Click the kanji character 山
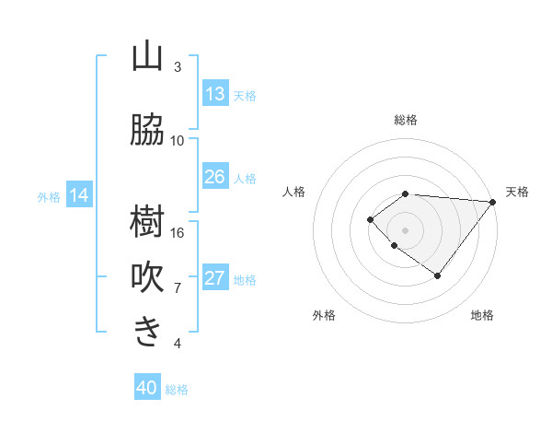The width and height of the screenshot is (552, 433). tap(147, 57)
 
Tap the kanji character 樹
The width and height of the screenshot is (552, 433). tap(147, 222)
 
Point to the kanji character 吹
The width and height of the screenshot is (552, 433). tap(147, 277)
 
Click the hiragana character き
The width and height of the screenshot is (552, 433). tap(147, 333)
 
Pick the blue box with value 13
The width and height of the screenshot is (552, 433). tap(215, 94)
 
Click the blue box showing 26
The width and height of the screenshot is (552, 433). tap(215, 177)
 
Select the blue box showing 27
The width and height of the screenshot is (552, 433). tap(215, 278)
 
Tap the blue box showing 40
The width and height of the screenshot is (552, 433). tap(147, 388)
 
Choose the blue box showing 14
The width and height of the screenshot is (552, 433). tap(79, 195)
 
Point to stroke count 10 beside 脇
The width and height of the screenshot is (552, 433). tap(178, 141)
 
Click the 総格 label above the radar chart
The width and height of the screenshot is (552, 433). tap(406, 120)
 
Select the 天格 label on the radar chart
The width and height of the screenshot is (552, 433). tap(517, 192)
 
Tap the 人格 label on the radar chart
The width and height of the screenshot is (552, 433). tap(294, 192)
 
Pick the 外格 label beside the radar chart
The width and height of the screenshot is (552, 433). tap(323, 315)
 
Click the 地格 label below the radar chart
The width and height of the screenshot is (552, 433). tap(482, 315)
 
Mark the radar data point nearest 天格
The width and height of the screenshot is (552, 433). tap(493, 201)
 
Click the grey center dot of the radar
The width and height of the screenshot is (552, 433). tap(406, 229)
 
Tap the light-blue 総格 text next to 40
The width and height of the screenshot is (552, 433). tap(177, 390)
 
